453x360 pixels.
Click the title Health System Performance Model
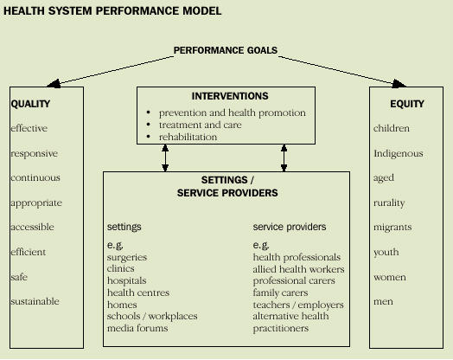click(112, 12)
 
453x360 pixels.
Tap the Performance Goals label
click(226, 50)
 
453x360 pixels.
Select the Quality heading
click(30, 104)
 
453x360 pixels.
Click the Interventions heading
click(229, 95)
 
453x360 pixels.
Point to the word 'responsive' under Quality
click(34, 153)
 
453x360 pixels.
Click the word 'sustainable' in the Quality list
click(35, 301)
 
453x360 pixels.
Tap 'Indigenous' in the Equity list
click(398, 153)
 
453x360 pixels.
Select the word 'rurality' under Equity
click(389, 202)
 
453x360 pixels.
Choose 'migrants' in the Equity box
click(392, 228)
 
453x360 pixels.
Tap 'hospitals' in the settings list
click(126, 281)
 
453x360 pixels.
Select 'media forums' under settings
click(137, 328)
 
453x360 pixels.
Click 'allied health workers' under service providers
click(298, 269)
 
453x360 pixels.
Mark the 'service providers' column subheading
click(289, 227)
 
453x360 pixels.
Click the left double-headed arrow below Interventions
click(164, 157)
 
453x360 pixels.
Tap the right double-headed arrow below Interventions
click(284, 157)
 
